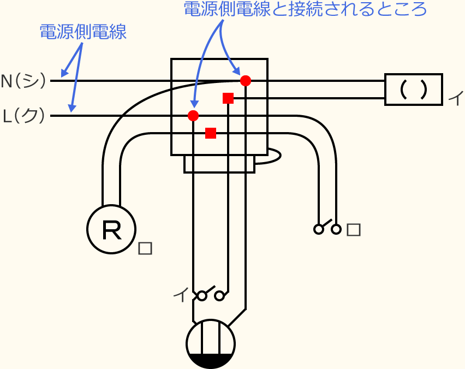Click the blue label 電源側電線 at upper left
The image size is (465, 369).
coord(83,32)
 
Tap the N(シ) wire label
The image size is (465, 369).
coord(23,81)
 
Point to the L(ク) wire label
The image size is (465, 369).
coord(23,116)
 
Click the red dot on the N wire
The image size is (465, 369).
coord(246,81)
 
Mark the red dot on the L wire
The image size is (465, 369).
coord(193,116)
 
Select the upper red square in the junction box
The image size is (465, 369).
coord(228,98)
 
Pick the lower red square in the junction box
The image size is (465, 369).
coord(211,133)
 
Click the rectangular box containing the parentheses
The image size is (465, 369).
coord(413,90)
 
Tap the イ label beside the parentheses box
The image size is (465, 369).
coord(455,99)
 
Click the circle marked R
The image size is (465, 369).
coord(111,230)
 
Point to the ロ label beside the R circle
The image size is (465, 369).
coord(145,248)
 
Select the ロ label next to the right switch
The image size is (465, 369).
coord(354,230)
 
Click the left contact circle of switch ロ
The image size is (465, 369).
coord(319,229)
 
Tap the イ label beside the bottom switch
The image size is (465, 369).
coord(180,295)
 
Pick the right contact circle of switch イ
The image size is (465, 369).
coord(219,296)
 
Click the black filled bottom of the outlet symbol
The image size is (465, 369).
coord(211,361)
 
